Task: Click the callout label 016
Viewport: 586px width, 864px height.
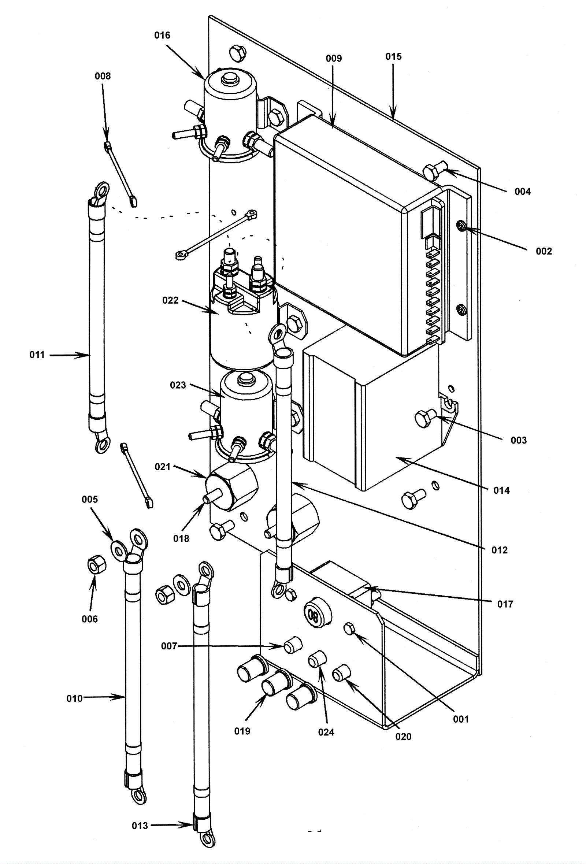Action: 162,35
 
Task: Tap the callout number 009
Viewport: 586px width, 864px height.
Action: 334,58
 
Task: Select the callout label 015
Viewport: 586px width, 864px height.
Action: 393,56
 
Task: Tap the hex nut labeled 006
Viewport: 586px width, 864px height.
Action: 97,566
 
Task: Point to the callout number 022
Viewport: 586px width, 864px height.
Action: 170,300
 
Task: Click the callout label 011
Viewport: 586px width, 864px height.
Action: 37,355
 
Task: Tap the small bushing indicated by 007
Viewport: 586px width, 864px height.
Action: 293,646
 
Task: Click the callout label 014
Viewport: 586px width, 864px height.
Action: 501,491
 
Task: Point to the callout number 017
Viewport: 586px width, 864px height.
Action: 505,604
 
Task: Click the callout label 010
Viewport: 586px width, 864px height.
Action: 74,698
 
